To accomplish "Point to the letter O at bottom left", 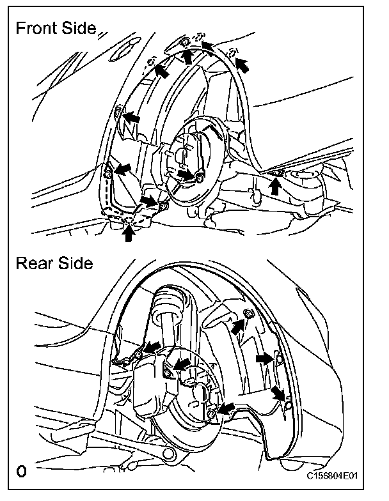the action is pyautogui.click(x=22, y=472).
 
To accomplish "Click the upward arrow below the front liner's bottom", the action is pyautogui.click(x=129, y=234).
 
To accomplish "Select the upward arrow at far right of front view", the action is pyautogui.click(x=275, y=185).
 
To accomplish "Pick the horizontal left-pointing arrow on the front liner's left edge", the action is pyautogui.click(x=132, y=118).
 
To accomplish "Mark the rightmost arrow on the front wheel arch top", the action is pyautogui.click(x=242, y=64).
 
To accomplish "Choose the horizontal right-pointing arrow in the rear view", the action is pyautogui.click(x=263, y=360).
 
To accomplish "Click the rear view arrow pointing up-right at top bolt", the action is pyautogui.click(x=238, y=327).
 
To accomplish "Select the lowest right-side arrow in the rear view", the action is pyautogui.click(x=276, y=391).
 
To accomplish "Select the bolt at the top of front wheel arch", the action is pyautogui.click(x=184, y=42).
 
